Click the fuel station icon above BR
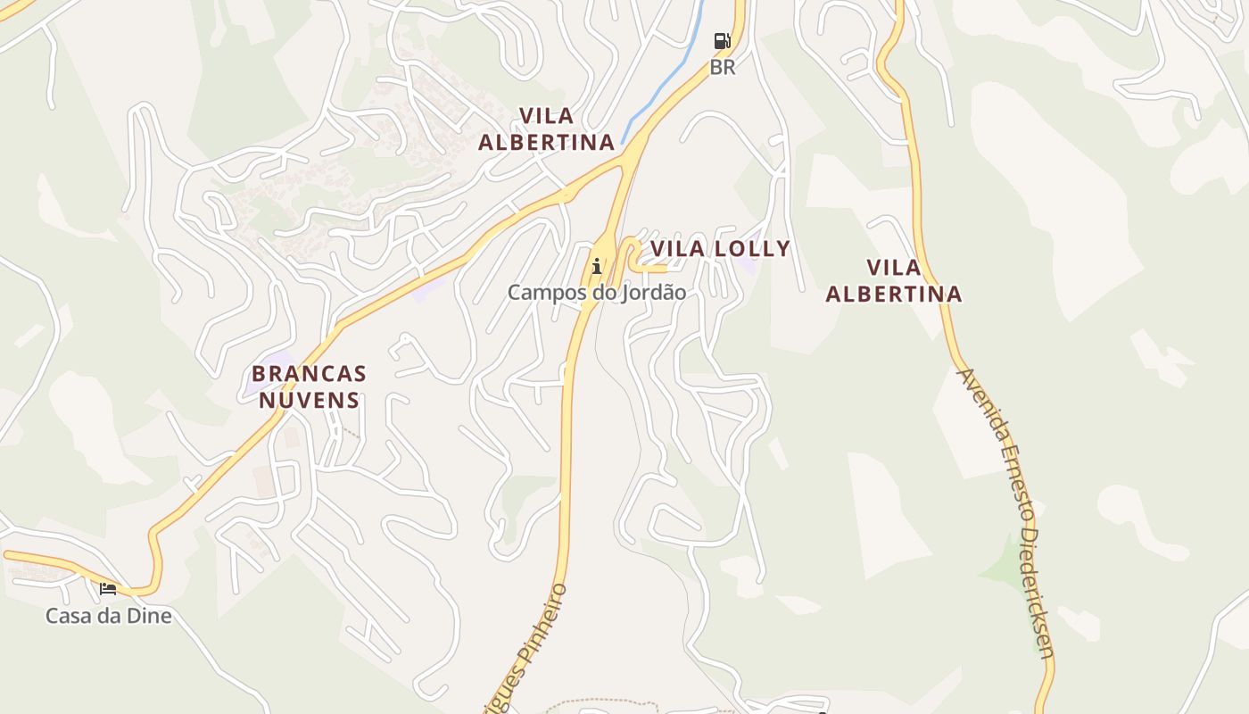[722, 41]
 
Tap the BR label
[723, 67]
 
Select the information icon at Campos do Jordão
[597, 265]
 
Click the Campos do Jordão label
[597, 292]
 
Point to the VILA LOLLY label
[720, 248]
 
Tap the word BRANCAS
[309, 373]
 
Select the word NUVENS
[309, 400]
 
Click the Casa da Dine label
[109, 615]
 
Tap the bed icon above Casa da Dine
[108, 588]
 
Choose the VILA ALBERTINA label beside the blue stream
[547, 129]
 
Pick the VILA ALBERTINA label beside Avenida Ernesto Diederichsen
[894, 280]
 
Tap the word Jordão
[655, 292]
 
